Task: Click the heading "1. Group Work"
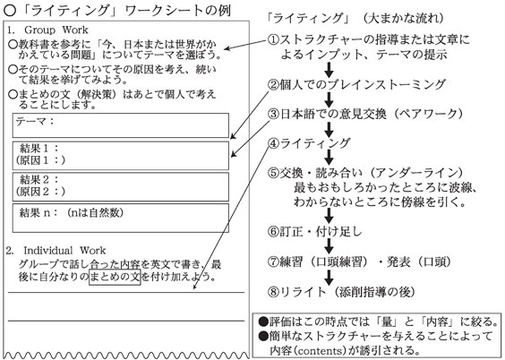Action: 47,30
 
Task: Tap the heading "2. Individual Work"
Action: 56,251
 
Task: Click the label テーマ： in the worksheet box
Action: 35,122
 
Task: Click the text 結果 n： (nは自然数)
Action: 71,212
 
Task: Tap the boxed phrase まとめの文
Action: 115,277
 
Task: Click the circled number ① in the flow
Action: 273,39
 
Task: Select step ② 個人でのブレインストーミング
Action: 356,84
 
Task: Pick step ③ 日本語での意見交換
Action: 365,114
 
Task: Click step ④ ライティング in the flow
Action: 309,143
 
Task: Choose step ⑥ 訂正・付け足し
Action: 314,231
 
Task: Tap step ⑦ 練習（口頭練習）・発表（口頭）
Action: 359,261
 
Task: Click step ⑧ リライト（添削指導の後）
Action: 341,292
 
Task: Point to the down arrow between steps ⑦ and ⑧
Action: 329,278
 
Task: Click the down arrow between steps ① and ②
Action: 329,70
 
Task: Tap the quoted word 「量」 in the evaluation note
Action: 386,321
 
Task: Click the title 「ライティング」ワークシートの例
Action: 117,11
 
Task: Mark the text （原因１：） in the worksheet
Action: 40,160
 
